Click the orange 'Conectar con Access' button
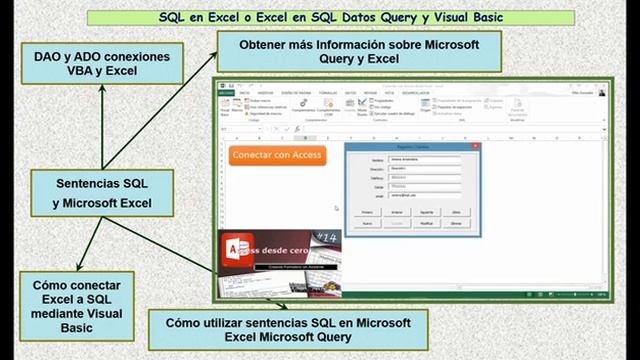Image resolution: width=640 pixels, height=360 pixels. click(x=276, y=155)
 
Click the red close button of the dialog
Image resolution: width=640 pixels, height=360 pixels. click(x=475, y=146)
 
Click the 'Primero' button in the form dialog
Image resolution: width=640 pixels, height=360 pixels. click(x=367, y=212)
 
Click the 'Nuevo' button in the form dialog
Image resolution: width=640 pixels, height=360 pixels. click(x=367, y=223)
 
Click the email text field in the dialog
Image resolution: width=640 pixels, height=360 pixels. click(x=424, y=195)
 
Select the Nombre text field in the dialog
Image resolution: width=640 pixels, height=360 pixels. click(x=424, y=159)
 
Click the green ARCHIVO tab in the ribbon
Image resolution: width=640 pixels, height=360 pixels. click(x=227, y=92)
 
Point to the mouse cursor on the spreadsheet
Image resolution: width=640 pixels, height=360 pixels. click(x=336, y=208)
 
